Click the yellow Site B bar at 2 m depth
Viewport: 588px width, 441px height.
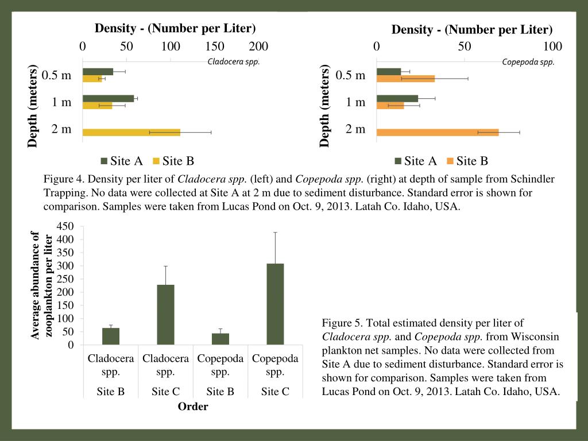(x=131, y=132)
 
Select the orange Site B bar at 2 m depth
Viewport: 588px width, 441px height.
(x=438, y=132)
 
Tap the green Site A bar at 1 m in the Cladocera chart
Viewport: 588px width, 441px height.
(x=108, y=99)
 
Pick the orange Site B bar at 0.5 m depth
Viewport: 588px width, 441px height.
(x=405, y=79)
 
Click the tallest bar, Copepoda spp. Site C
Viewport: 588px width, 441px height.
(x=275, y=304)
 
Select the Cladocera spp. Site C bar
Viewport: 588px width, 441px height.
(x=165, y=315)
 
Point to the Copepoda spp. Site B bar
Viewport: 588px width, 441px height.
(x=220, y=339)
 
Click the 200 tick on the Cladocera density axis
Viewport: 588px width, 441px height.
(x=259, y=47)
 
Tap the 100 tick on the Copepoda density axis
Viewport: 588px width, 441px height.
(x=553, y=47)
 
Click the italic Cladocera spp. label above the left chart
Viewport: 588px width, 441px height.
(x=234, y=61)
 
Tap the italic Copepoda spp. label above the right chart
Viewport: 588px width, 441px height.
(x=528, y=62)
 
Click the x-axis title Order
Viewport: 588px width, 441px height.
(x=192, y=407)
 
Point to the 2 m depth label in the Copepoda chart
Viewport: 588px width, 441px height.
(x=355, y=129)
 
